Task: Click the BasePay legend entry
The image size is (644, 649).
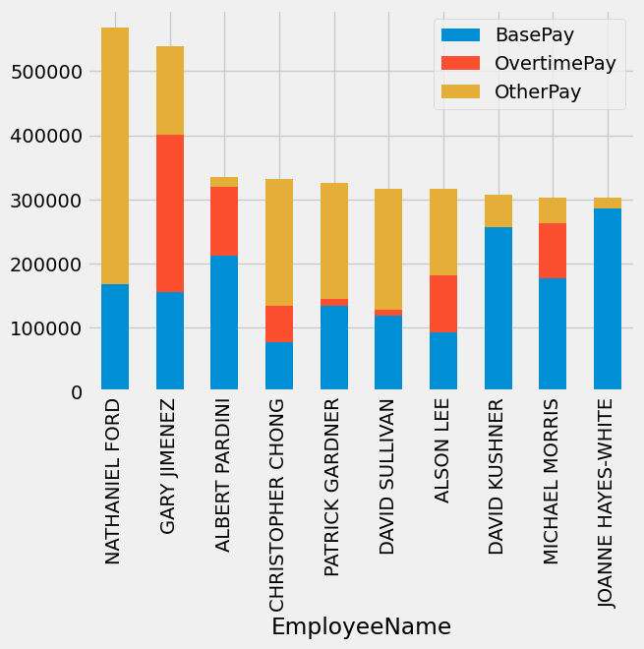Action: [534, 34]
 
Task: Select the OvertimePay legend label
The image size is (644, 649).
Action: [556, 63]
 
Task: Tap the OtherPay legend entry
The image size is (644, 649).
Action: [538, 91]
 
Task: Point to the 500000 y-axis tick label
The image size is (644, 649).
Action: [46, 72]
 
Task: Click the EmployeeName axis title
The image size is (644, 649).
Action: [361, 626]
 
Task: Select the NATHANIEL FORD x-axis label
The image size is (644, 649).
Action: [114, 481]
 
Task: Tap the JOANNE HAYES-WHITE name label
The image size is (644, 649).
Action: [609, 502]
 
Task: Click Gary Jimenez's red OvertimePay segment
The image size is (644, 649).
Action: [170, 213]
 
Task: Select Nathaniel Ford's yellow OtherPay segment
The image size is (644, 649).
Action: [115, 155]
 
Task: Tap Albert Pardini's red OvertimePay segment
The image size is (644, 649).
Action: [224, 220]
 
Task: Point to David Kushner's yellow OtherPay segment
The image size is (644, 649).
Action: [498, 210]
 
